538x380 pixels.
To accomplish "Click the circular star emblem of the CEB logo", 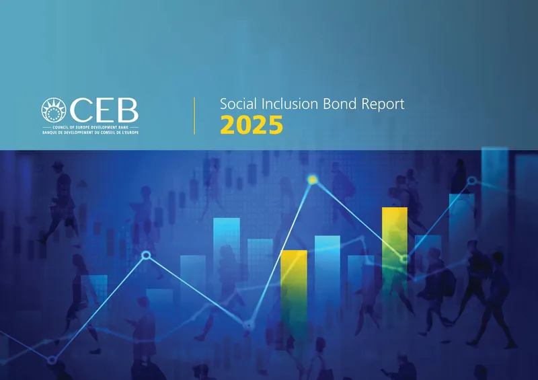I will (54, 110).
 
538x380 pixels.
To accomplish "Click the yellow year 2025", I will (252, 125).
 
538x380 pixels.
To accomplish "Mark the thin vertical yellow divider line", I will (194, 115).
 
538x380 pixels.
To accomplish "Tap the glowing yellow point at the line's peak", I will (312, 180).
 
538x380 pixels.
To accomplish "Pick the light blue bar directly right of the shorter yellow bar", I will (327, 269).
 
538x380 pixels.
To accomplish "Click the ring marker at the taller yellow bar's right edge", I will (404, 259).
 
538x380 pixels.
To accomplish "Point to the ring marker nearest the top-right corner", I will (471, 180).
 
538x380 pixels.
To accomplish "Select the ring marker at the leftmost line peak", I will (146, 255).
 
